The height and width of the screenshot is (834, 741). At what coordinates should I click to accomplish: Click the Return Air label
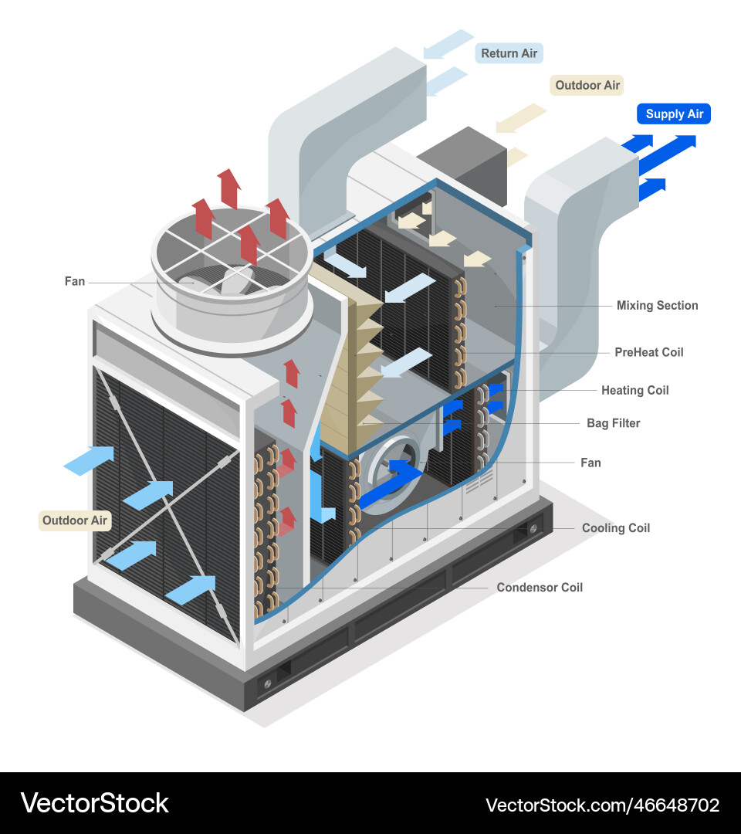coord(509,53)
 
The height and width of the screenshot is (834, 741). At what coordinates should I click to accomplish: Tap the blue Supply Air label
coord(674,114)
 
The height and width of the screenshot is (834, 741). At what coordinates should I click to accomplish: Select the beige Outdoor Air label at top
coord(587,86)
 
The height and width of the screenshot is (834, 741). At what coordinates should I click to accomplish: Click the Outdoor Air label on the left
coord(75,520)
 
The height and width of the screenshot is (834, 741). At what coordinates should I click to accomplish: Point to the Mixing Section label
coord(657,306)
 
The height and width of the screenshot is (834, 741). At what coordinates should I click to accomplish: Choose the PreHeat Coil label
coord(648,353)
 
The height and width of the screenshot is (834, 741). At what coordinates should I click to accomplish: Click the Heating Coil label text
coord(634,391)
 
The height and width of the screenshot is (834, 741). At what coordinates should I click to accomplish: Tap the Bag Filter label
coord(613,424)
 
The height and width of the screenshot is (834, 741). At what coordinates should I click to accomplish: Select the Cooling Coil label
coord(615,528)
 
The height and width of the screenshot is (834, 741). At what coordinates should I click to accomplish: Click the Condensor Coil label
coord(540,588)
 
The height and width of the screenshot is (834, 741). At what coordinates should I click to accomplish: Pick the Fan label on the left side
coord(75,282)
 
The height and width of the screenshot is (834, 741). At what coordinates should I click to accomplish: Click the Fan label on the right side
coord(590,463)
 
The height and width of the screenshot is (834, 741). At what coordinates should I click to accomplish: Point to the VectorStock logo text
coord(94,803)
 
